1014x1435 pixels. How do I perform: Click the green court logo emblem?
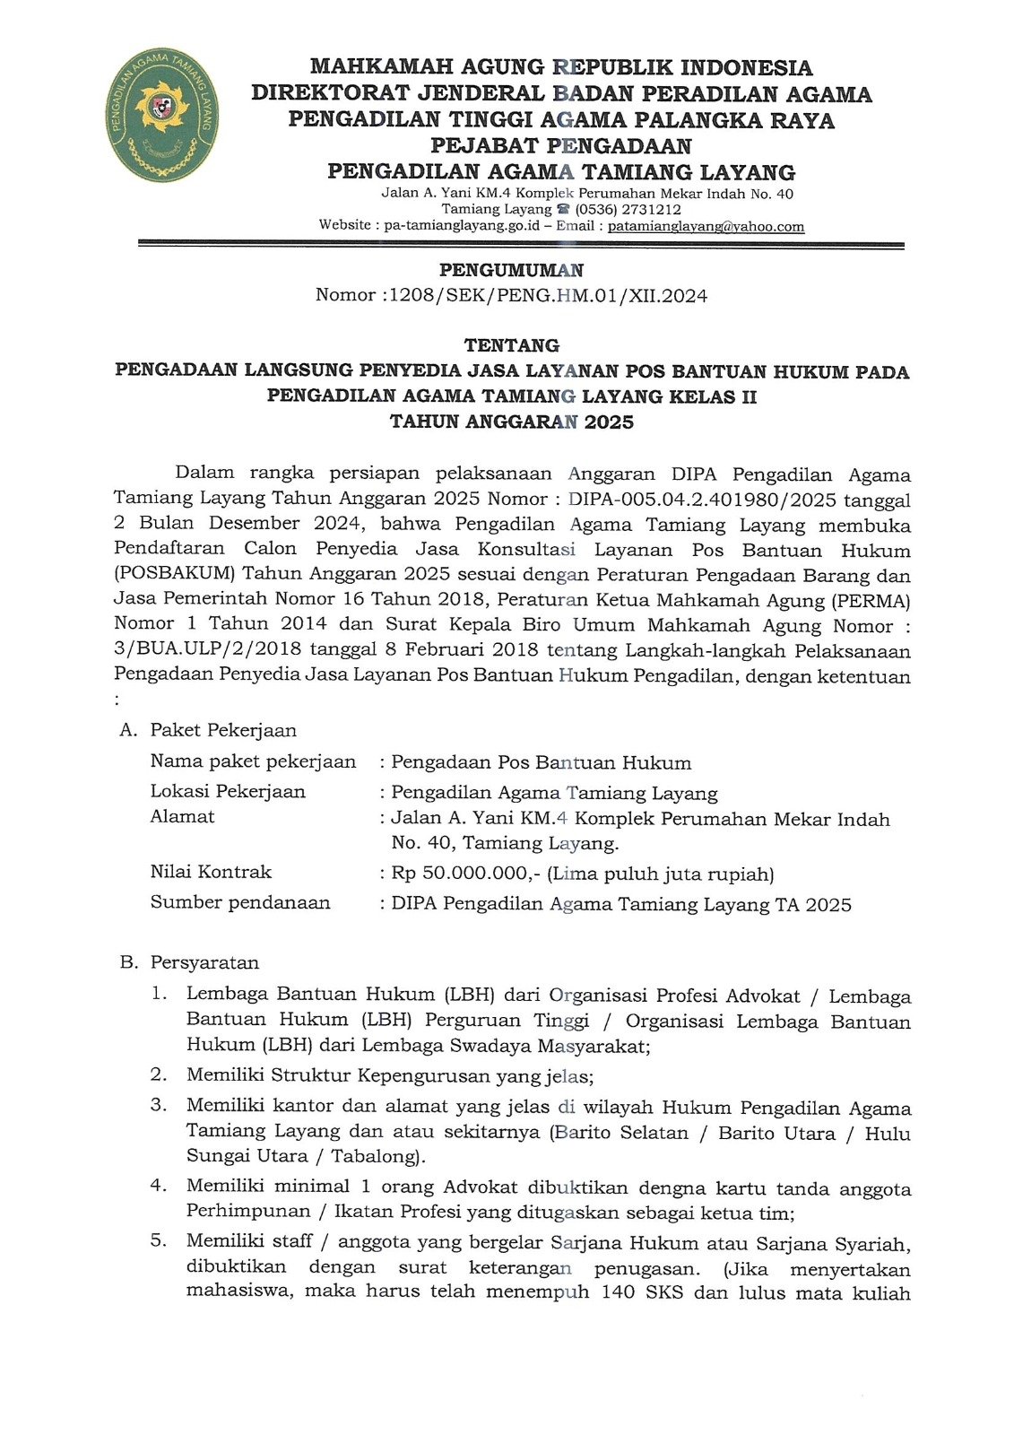coord(161,115)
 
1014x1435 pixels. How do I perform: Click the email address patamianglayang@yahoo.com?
coord(706,227)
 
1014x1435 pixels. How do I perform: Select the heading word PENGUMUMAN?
coord(511,270)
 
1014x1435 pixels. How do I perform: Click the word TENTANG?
coord(511,345)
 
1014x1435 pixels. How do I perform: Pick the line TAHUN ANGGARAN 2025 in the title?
coord(511,422)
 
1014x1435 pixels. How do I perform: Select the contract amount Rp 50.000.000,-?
coord(466,874)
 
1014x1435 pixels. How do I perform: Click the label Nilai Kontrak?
coord(211,872)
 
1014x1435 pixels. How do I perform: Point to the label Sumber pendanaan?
coord(240,902)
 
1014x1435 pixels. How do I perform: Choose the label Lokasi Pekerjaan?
coord(228,791)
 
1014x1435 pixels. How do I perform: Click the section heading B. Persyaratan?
coord(189,962)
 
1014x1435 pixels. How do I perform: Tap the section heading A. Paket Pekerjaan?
coord(208,730)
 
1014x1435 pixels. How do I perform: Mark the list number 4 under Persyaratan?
coord(159,1186)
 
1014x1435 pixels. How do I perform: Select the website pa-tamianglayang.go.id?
coord(461,226)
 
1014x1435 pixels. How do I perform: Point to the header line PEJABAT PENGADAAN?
coord(560,146)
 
